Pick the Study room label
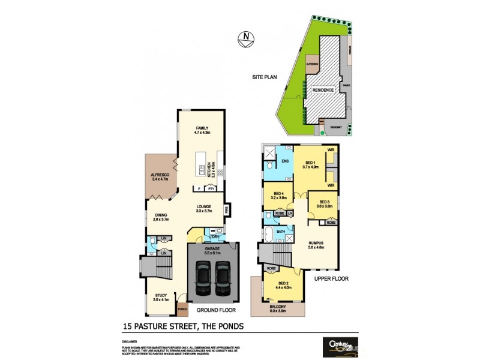pos(161,296)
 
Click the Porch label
pos(183,310)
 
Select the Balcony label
pos(278,308)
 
